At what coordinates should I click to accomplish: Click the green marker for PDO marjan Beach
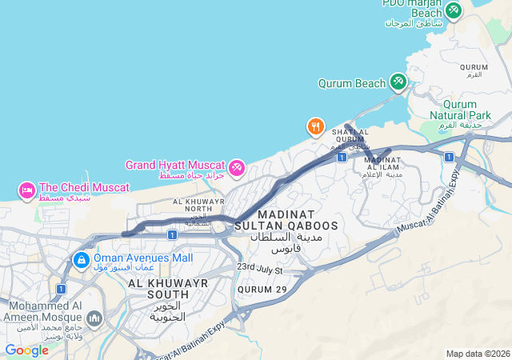(454, 10)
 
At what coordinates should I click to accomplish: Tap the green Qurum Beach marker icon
(398, 82)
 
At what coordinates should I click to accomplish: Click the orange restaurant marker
(316, 126)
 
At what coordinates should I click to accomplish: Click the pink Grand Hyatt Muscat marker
(236, 168)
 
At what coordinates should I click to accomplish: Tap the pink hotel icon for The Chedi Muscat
(26, 190)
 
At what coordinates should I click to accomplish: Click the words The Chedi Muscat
(84, 187)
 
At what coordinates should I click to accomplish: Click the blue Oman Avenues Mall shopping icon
(81, 260)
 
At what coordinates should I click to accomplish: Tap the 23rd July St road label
(260, 269)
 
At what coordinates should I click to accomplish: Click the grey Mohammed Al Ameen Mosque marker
(94, 320)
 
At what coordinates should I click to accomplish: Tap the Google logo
(26, 350)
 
